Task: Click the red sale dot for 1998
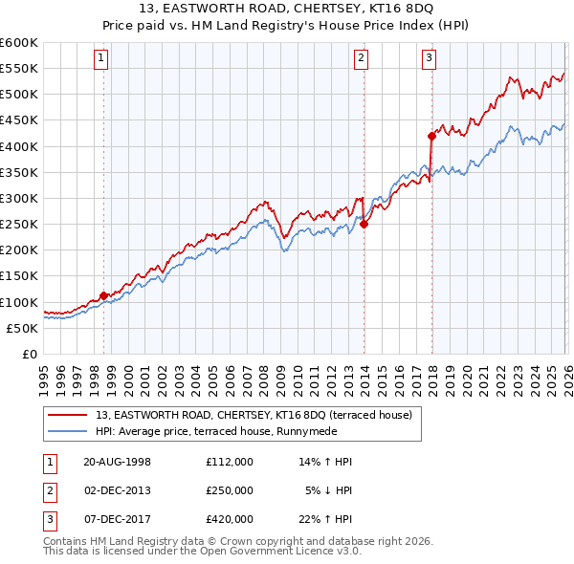[103, 296]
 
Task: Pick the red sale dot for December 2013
[364, 225]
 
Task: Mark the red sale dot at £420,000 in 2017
[431, 136]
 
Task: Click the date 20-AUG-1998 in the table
[117, 462]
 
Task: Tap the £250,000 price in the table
[229, 490]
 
